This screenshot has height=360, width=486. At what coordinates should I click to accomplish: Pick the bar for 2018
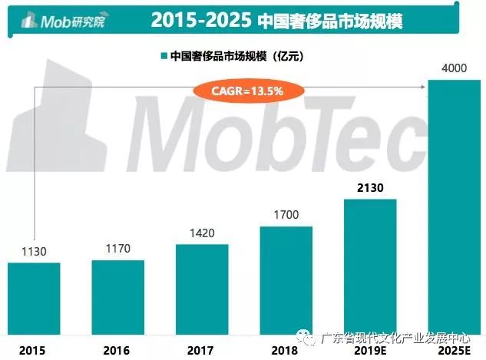point(286,279)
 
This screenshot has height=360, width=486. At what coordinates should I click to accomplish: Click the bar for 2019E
point(370,266)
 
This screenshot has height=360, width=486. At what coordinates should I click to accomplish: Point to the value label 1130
point(34,252)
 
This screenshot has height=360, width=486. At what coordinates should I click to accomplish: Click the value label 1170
point(118,249)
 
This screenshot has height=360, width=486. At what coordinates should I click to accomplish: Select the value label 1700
point(286,216)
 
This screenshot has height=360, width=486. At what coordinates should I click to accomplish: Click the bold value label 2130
point(370,187)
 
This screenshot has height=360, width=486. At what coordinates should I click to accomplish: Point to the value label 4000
point(454,68)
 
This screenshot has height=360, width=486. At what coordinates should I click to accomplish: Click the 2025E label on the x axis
point(454,350)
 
